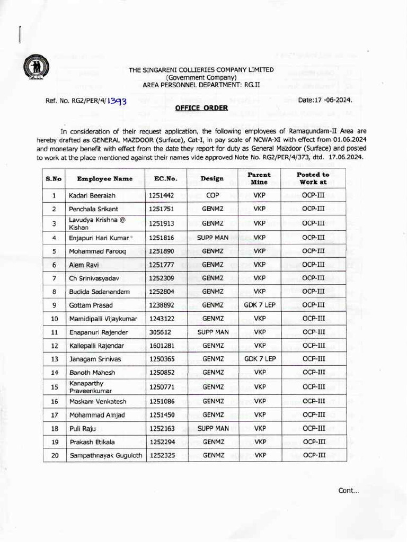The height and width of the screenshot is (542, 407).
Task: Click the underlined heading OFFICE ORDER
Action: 201,108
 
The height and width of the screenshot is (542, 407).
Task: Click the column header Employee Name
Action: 104,179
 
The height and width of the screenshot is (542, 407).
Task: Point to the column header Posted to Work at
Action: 313,178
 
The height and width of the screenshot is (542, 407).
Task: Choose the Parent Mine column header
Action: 259,178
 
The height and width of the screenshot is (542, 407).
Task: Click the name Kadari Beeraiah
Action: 89,196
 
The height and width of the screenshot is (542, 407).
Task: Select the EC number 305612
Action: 161,332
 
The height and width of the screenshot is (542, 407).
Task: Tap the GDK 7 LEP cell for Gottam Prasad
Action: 259,305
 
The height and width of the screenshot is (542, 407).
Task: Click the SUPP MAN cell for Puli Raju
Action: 213,428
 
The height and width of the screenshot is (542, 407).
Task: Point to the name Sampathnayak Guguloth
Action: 105,455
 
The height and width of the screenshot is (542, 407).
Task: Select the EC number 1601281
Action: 162,346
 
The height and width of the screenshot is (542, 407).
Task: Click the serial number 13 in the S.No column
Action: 54,359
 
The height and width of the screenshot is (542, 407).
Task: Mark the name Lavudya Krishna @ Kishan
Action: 89,223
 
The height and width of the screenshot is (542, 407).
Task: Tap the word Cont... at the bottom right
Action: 348,490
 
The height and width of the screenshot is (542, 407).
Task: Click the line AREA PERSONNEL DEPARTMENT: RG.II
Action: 201,85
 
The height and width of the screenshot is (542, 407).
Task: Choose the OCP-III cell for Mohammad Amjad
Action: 313,415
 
